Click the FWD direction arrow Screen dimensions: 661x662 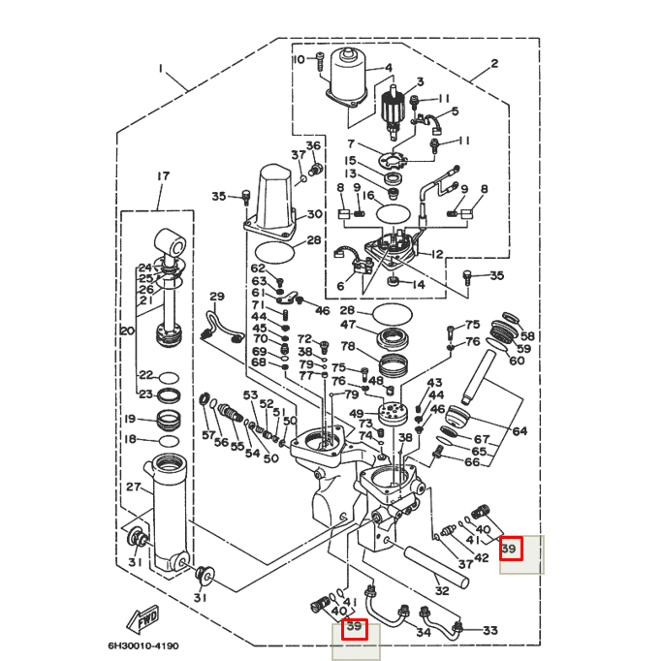pyautogui.click(x=143, y=618)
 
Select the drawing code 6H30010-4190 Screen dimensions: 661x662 pyautogui.click(x=143, y=646)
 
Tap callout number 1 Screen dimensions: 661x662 pyautogui.click(x=162, y=69)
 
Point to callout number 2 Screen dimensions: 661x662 pyautogui.click(x=494, y=64)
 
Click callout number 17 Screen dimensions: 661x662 pyautogui.click(x=162, y=176)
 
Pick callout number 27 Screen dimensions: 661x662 pyautogui.click(x=134, y=487)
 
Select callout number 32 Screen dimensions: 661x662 pyautogui.click(x=442, y=590)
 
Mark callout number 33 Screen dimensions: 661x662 pyautogui.click(x=489, y=631)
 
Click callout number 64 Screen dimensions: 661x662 pyautogui.click(x=520, y=431)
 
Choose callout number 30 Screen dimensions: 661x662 pyautogui.click(x=314, y=214)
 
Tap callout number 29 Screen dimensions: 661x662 pyautogui.click(x=216, y=297)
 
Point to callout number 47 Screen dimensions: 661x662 pyautogui.click(x=348, y=326)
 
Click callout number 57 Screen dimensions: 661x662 pyautogui.click(x=208, y=436)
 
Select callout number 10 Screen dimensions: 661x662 pyautogui.click(x=299, y=60)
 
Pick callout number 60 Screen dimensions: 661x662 pyautogui.click(x=517, y=361)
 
